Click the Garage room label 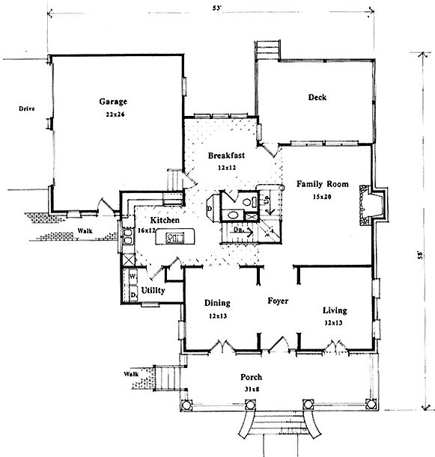coord(114,102)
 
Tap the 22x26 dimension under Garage coord(114,115)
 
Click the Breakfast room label coord(227,155)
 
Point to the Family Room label coord(320,183)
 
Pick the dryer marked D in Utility coord(133,294)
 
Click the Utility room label coord(153,289)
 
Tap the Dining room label coord(217,303)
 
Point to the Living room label coord(334,310)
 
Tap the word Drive coord(28,109)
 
